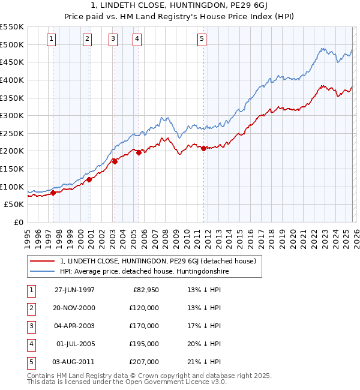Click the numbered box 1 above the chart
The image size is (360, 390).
(x=51, y=39)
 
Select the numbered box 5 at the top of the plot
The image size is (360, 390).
(x=202, y=39)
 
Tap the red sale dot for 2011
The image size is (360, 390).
(x=204, y=148)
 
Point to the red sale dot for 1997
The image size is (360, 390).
(x=53, y=193)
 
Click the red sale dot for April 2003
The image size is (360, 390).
(x=115, y=161)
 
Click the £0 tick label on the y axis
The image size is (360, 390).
(x=18, y=223)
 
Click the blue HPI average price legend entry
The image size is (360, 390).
(x=144, y=272)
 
